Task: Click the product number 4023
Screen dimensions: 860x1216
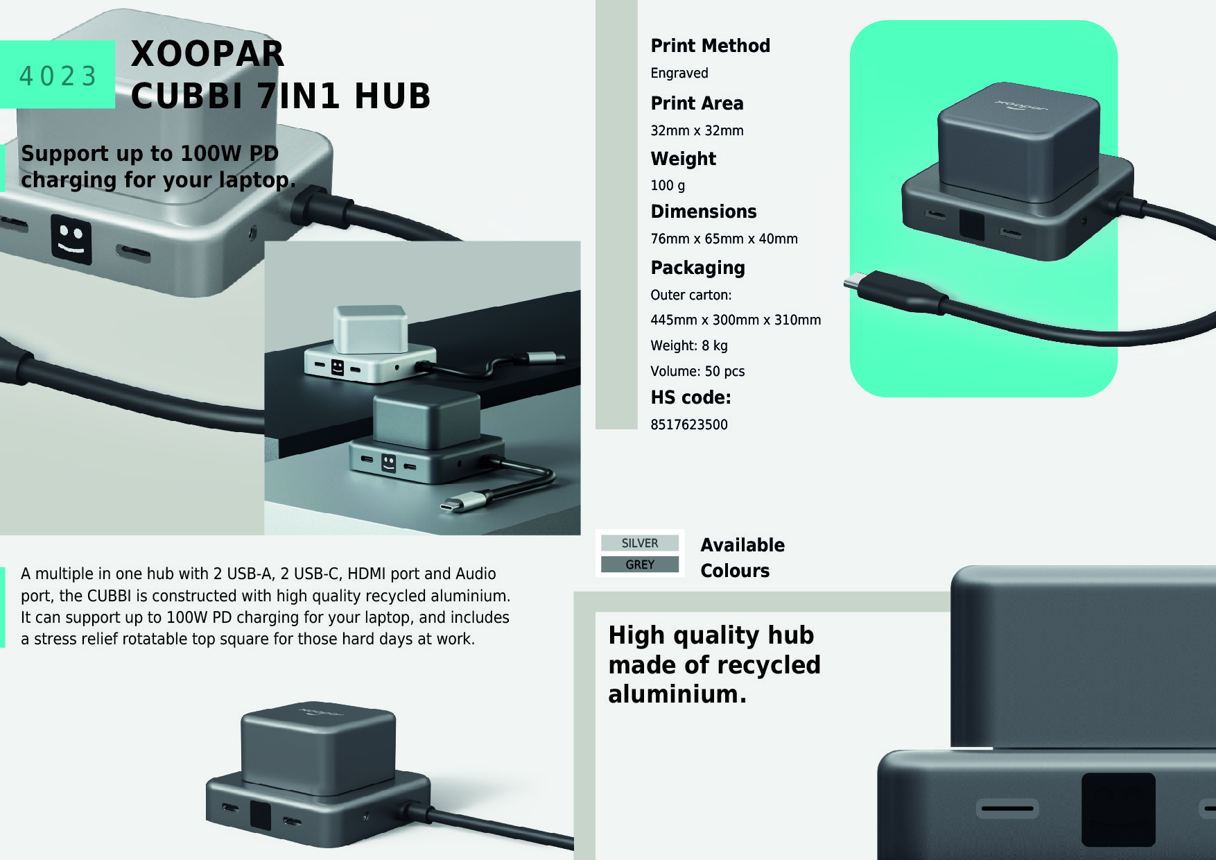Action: tap(58, 76)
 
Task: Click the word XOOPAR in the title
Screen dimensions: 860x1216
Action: tap(207, 54)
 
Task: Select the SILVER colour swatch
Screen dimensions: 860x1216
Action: tap(640, 543)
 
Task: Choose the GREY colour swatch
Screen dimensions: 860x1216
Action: tap(640, 565)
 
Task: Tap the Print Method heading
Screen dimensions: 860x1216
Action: tap(710, 46)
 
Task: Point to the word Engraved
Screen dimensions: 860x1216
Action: tap(679, 73)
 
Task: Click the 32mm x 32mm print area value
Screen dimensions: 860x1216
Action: tap(696, 130)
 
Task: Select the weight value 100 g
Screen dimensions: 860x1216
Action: tap(667, 185)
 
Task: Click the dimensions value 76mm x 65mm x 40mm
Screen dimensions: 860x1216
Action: tap(723, 239)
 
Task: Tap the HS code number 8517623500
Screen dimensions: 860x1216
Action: tap(688, 424)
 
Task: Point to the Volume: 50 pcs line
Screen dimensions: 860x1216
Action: tap(697, 371)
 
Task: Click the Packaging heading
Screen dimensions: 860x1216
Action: tap(697, 268)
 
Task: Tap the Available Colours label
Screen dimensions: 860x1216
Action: tap(742, 558)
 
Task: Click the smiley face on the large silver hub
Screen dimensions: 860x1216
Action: tap(71, 239)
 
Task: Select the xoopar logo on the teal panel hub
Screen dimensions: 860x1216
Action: tap(1022, 108)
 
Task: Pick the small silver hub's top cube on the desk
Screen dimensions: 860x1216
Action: tap(370, 328)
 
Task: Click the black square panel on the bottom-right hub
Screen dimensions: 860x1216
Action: tap(1118, 809)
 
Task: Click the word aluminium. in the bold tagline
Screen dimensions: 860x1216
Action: tap(677, 694)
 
